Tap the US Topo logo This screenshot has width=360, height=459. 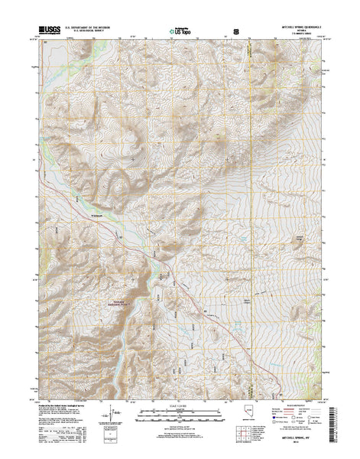[181, 33]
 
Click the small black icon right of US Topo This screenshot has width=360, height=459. [235, 33]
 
